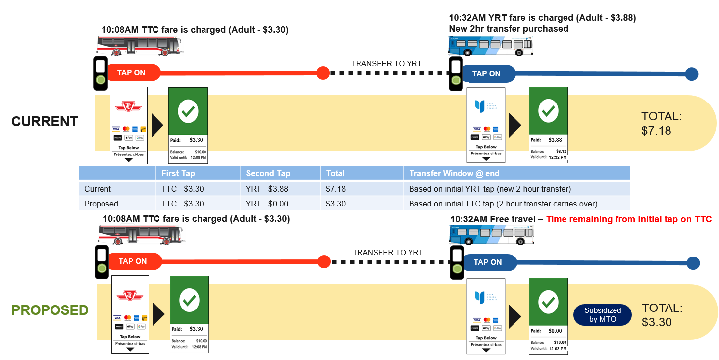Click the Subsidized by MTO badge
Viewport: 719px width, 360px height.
coord(602,315)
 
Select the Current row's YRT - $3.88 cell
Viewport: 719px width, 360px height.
coord(267,189)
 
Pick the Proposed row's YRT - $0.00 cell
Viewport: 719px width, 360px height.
coord(267,204)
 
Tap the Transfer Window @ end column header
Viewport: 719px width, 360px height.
coord(454,173)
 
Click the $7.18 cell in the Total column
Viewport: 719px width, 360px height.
coord(336,189)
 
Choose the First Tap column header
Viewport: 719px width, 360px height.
coord(178,173)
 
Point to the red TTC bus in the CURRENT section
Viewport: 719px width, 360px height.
coord(139,46)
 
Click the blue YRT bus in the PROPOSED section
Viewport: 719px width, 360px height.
coord(491,235)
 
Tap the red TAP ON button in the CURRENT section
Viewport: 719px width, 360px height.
coord(132,73)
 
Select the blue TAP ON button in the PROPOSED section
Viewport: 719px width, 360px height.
coord(488,262)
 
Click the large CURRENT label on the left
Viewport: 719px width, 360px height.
coord(45,121)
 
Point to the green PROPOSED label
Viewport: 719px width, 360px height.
coord(50,310)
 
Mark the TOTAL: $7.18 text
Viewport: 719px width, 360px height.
coord(662,124)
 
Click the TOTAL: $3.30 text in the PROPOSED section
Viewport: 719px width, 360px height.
coord(662,315)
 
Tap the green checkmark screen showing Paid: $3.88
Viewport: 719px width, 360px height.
coord(548,124)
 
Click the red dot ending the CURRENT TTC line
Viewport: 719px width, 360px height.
coord(322,73)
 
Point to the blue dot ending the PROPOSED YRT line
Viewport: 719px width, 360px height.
coord(693,263)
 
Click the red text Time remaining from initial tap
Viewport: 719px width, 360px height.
coord(628,219)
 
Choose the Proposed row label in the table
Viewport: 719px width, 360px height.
coord(101,204)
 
